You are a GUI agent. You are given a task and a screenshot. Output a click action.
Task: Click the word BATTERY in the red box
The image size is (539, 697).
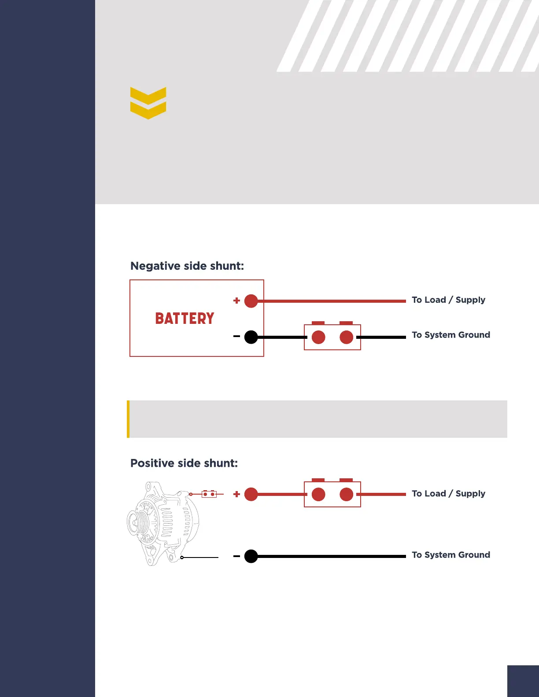[x=185, y=319]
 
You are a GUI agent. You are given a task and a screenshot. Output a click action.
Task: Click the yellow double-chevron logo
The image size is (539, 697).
[x=148, y=103]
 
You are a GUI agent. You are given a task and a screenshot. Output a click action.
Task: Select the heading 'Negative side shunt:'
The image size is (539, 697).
[x=187, y=266]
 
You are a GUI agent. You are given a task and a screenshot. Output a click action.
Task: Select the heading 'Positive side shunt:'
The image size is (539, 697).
[x=184, y=463]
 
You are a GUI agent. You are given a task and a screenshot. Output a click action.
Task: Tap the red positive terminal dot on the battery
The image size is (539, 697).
[x=251, y=301]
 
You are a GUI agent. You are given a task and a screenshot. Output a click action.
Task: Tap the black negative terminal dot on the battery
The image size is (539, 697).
[x=251, y=337]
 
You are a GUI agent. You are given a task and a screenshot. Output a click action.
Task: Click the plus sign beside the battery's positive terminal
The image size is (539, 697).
[x=236, y=301]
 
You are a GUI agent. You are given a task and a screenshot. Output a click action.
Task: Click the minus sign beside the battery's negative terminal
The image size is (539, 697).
[x=236, y=337]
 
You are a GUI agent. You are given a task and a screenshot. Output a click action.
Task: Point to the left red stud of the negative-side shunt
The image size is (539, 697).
[x=318, y=337]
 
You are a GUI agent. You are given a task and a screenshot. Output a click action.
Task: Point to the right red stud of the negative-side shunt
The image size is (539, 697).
[x=347, y=337]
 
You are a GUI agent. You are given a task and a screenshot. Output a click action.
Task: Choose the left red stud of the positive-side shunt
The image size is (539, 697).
[x=318, y=495]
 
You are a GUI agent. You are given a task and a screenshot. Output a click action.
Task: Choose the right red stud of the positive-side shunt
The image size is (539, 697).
[x=347, y=495]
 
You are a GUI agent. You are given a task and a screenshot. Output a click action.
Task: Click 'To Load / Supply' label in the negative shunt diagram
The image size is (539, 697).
[x=448, y=300]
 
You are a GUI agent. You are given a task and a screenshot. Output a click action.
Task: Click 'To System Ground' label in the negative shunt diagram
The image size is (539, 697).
[x=451, y=335]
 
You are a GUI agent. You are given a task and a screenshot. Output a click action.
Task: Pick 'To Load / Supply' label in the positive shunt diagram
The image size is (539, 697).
[x=448, y=494]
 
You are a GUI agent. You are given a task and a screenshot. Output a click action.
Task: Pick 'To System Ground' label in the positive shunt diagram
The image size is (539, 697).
[x=451, y=555]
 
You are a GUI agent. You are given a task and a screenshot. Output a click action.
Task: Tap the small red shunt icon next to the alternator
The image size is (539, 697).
[x=209, y=494]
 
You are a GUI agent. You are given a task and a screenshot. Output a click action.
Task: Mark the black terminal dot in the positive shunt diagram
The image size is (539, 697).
[x=251, y=556]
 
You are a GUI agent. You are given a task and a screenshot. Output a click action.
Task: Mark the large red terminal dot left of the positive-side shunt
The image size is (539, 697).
[x=251, y=494]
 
